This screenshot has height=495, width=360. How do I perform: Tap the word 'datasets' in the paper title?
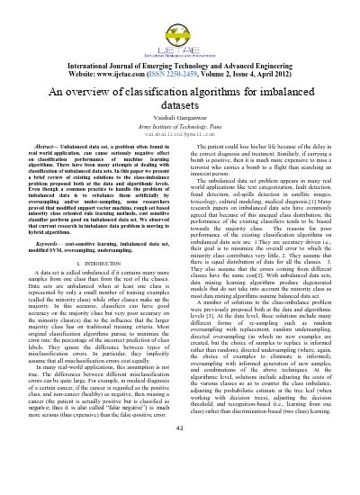pos(180,107)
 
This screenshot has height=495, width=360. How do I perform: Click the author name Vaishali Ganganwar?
pos(180,121)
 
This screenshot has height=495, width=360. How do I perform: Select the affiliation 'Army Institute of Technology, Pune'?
pos(180,130)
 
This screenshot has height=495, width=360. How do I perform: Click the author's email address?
pos(180,139)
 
